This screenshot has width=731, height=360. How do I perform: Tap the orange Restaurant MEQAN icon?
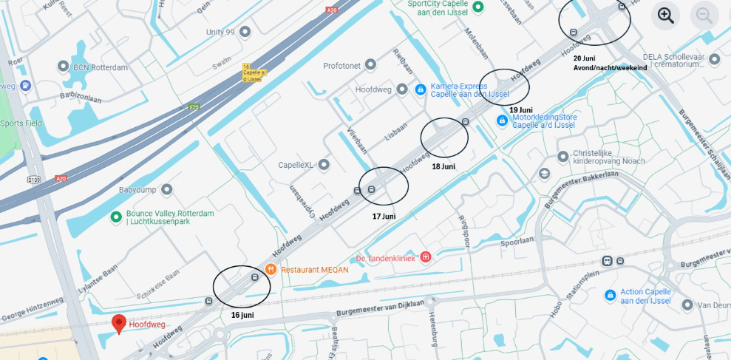271,269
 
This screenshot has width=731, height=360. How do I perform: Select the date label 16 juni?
242,315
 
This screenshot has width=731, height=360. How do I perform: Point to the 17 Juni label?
384,217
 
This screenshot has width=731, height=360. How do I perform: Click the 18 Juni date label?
443,166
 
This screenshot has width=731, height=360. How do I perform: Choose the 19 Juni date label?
520,110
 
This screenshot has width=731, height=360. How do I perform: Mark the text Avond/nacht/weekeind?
610,68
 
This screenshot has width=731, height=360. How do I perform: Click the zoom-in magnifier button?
665,16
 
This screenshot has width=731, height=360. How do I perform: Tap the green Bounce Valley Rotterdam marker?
116,217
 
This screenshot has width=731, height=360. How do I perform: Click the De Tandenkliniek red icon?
426,257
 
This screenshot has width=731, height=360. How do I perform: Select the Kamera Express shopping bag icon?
421,89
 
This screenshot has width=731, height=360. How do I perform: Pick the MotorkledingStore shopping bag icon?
503,120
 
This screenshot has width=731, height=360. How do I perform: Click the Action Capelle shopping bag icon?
610,296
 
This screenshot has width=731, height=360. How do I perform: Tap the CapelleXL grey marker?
324,165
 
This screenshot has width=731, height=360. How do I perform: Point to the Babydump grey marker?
167,190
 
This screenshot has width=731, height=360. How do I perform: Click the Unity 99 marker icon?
245,32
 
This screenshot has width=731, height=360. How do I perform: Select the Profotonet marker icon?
371,66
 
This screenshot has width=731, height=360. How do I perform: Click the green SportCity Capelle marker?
478,7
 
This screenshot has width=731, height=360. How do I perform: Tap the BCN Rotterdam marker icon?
64,67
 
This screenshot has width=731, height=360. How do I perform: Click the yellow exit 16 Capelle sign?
252,72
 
